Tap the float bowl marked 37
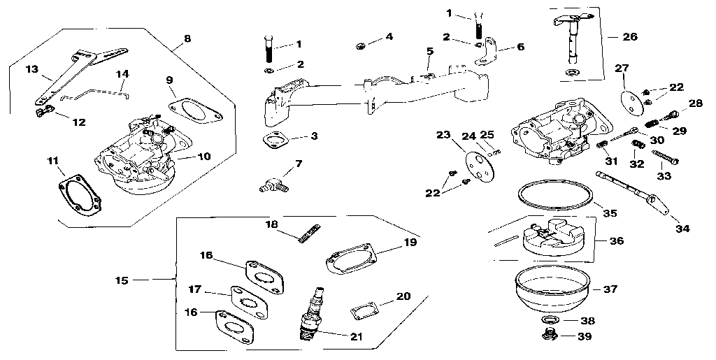550,290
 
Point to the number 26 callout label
629,36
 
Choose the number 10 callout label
203,156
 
